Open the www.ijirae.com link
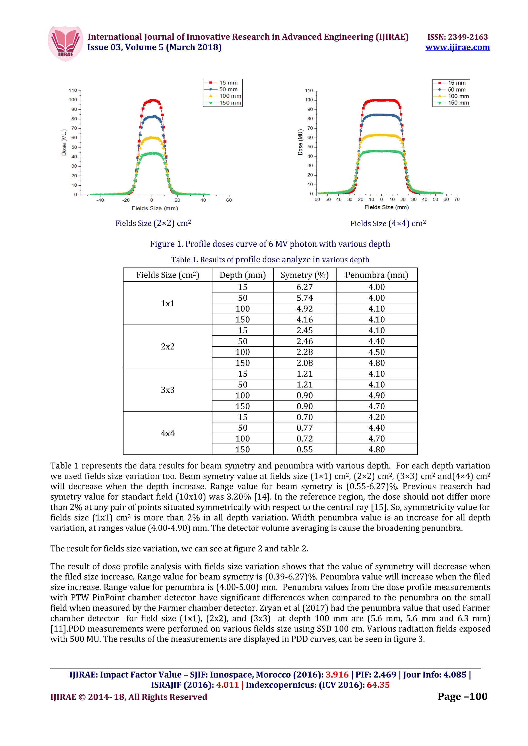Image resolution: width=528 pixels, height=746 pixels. coord(457,47)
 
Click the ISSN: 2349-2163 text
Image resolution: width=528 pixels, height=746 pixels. coord(457,37)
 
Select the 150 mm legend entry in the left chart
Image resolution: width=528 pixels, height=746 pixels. coord(230,103)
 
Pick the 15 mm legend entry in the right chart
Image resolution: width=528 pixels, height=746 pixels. coord(456,83)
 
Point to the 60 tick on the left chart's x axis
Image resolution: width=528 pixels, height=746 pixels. coord(229,200)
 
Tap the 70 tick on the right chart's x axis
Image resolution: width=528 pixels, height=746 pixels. coord(457,199)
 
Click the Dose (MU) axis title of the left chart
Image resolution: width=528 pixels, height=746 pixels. coord(64,142)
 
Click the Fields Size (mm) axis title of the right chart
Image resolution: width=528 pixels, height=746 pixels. coord(386,207)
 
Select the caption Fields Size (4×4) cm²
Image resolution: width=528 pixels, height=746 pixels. coord(388,223)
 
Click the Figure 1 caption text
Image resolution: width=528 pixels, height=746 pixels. coord(270,244)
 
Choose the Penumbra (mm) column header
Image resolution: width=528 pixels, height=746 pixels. coord(376,275)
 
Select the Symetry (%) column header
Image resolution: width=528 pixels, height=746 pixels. coord(304,275)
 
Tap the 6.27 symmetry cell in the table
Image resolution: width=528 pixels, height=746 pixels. coord(304,287)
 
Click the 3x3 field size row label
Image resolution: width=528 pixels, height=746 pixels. coord(168,390)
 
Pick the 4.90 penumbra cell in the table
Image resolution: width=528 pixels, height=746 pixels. coord(376,395)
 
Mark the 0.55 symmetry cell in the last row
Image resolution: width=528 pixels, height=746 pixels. coord(304,449)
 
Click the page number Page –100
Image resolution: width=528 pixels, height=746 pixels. coord(462,696)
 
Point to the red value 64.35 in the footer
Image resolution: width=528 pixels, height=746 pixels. coord(378,685)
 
